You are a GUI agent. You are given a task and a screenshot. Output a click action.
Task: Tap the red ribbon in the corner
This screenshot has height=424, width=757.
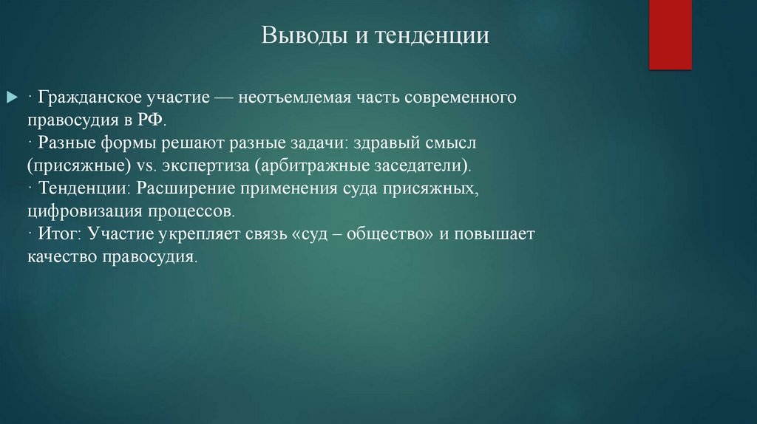coord(670,34)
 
